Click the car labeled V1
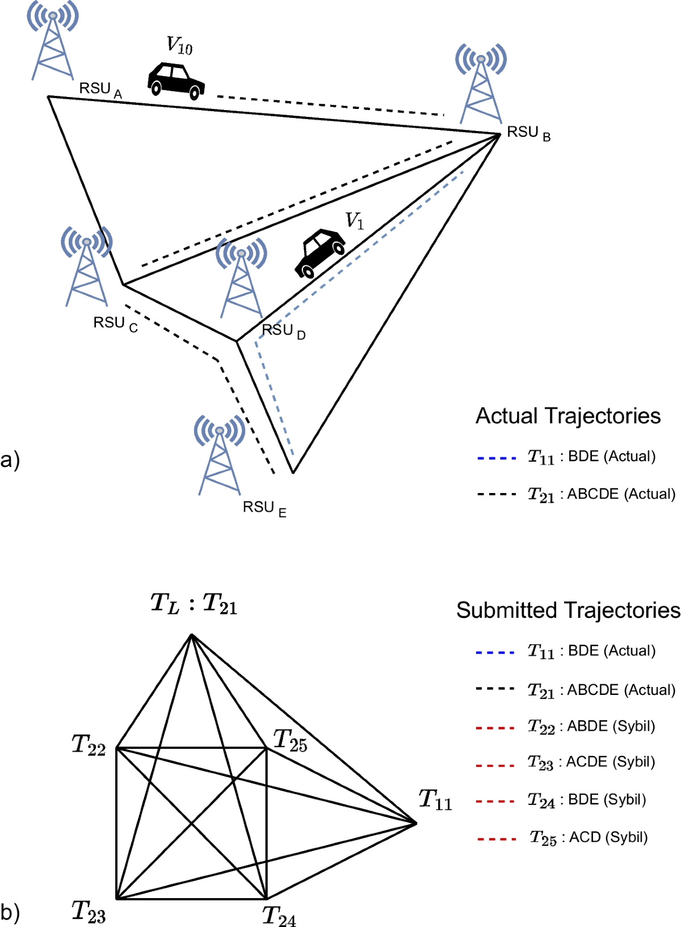click(320, 253)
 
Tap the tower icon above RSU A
click(52, 43)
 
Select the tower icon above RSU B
click(481, 85)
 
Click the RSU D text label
click(283, 331)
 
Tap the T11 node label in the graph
click(435, 800)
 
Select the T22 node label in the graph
click(89, 745)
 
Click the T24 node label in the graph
click(279, 916)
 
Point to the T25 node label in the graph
click(290, 741)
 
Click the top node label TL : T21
click(194, 604)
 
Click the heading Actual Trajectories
click(568, 416)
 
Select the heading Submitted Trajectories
click(568, 610)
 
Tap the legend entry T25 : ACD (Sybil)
click(588, 838)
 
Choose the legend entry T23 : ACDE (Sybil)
click(591, 762)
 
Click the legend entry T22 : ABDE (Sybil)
click(591, 727)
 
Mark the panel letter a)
click(10, 460)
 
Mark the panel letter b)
click(10, 912)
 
